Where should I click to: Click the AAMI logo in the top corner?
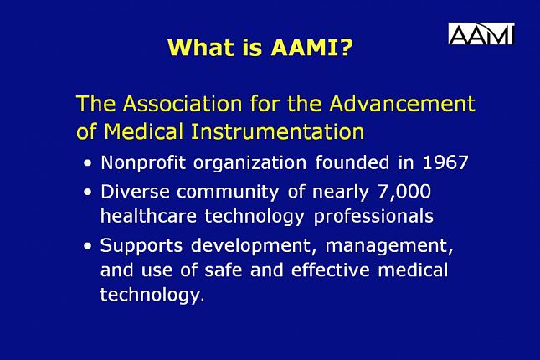pos(481,33)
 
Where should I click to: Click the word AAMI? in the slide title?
pos(311,48)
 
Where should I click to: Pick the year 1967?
pos(444,162)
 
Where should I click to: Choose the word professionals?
pos(374,217)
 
